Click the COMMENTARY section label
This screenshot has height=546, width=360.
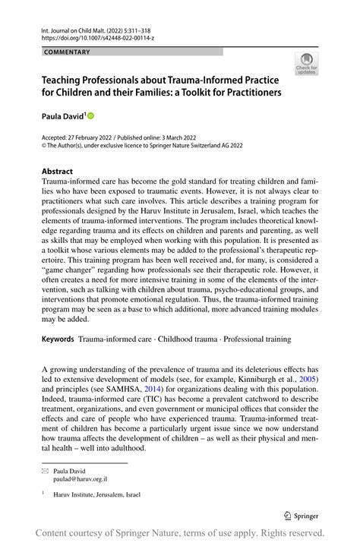(68, 52)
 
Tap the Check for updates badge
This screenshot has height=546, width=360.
(307, 65)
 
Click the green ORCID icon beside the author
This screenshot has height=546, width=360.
(91, 116)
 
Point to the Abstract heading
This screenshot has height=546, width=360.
(57, 171)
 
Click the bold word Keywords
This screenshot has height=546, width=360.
(58, 339)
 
